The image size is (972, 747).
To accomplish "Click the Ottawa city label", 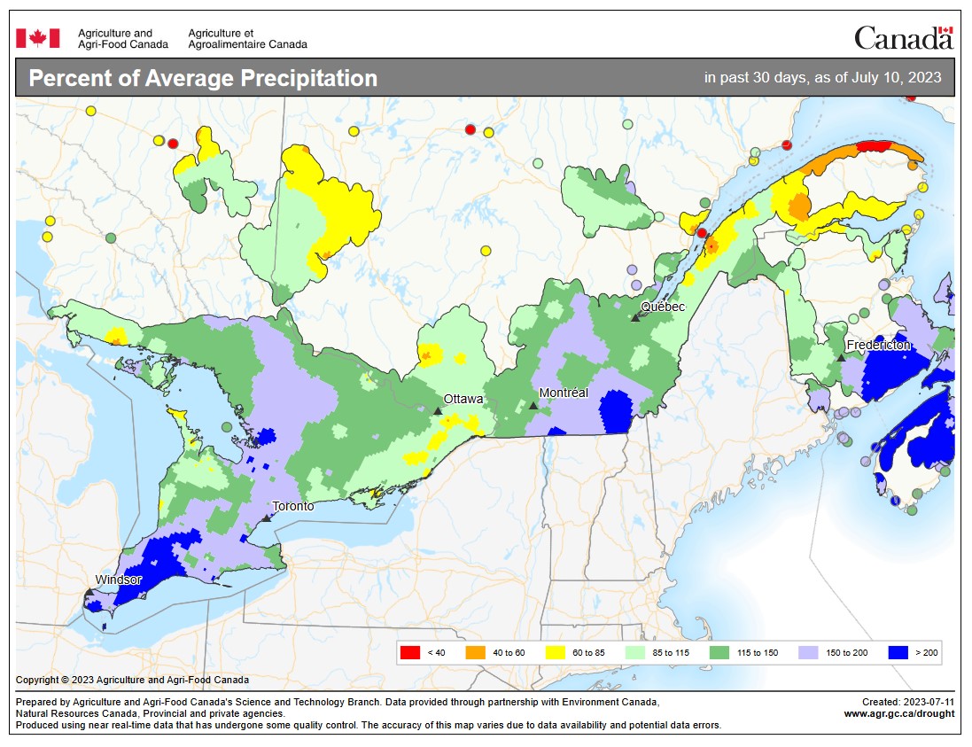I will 463,399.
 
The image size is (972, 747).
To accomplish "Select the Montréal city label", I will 564,393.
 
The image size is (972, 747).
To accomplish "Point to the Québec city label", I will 663,307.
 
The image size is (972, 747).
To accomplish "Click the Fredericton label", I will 877,345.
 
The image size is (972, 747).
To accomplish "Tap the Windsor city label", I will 119,580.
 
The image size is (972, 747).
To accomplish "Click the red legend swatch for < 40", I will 410,653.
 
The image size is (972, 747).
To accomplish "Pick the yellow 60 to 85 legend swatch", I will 561,653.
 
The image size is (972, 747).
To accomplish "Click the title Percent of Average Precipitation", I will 203,78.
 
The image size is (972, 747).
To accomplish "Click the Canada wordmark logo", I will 902,37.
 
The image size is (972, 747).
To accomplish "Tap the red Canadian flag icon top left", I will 38,38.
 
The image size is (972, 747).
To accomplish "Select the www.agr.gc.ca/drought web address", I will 898,714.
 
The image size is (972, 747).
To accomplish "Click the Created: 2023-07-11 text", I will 907,701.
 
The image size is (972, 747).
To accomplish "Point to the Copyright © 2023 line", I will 132,681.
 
